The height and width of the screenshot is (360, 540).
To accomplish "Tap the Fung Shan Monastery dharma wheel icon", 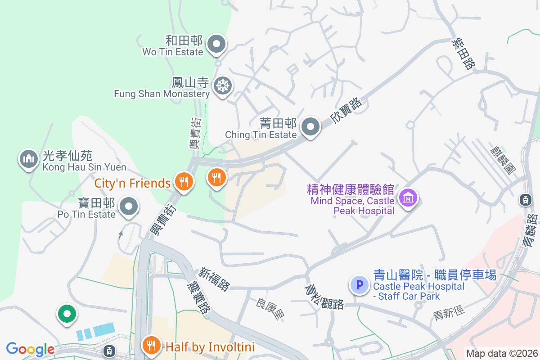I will pos(222,85).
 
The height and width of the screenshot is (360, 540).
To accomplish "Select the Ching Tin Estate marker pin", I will pos(310,127).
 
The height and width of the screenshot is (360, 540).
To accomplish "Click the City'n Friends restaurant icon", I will pos(184,182).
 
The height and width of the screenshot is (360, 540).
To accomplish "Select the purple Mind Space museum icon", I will pos(408,198).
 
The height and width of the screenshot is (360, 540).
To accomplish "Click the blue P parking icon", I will pos(359,285).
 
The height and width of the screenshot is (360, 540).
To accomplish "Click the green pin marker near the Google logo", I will pos(67,314).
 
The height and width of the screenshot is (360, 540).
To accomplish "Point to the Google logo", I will pos(30,349).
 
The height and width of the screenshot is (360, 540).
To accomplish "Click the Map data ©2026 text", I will pos(502,353).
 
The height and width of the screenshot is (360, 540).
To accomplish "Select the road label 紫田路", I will pos(463,53).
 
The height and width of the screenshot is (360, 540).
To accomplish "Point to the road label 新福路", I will pos(215,279).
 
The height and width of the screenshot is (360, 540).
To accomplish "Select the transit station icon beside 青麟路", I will pos(525,199).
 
